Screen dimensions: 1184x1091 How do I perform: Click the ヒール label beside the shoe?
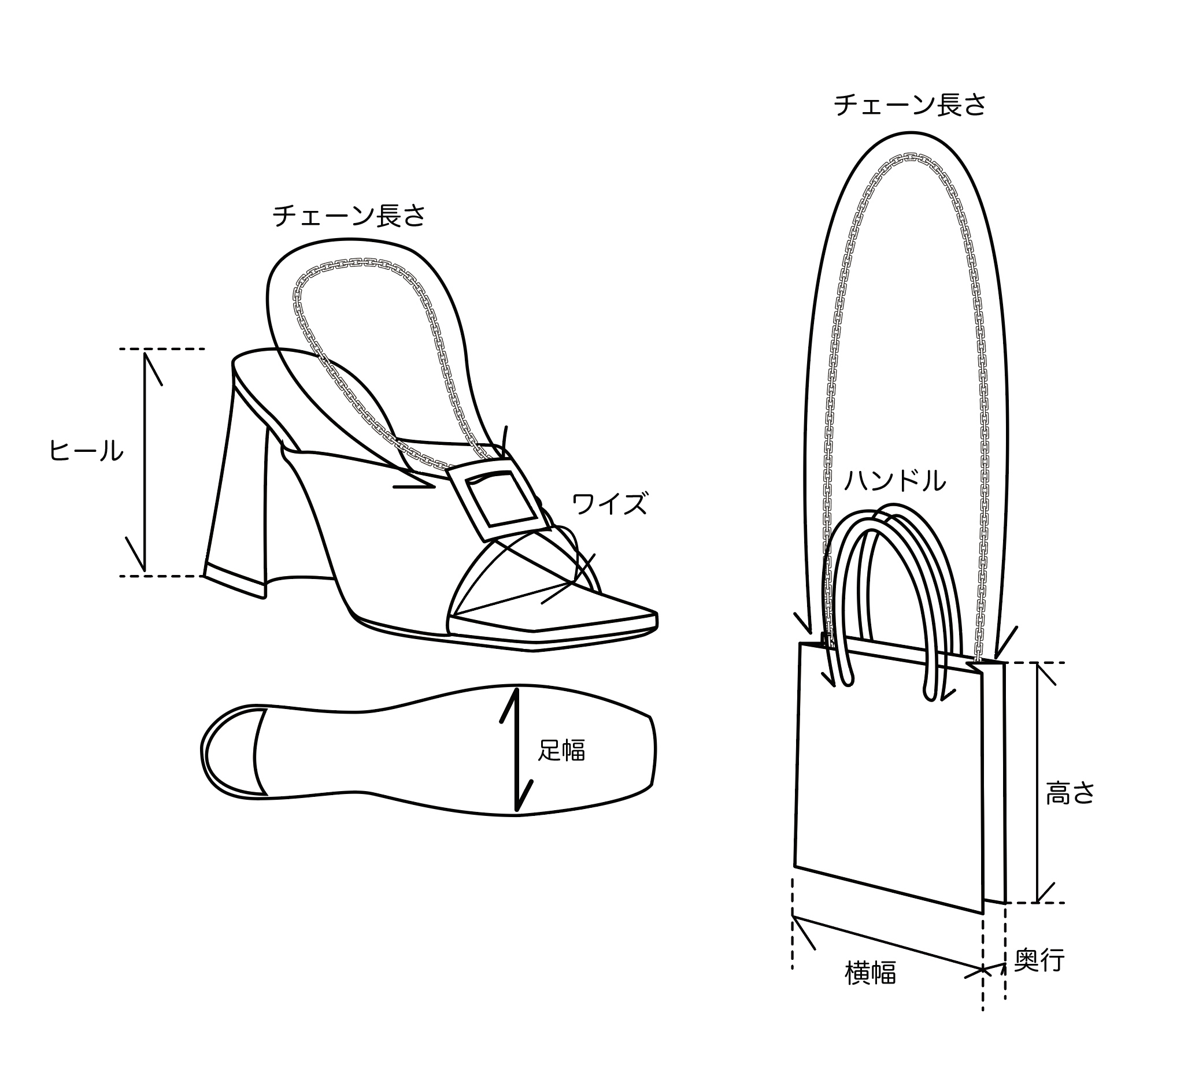[x=86, y=452]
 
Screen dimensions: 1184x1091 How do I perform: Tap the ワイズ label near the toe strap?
[x=609, y=503]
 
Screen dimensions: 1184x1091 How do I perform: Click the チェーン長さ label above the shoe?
[x=349, y=216]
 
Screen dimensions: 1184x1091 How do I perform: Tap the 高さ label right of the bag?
[x=1071, y=793]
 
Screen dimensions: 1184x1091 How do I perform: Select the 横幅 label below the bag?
[x=871, y=973]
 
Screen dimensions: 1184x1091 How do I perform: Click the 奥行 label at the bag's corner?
[x=1039, y=960]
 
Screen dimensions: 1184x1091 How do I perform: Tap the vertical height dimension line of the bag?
[x=1038, y=783]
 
